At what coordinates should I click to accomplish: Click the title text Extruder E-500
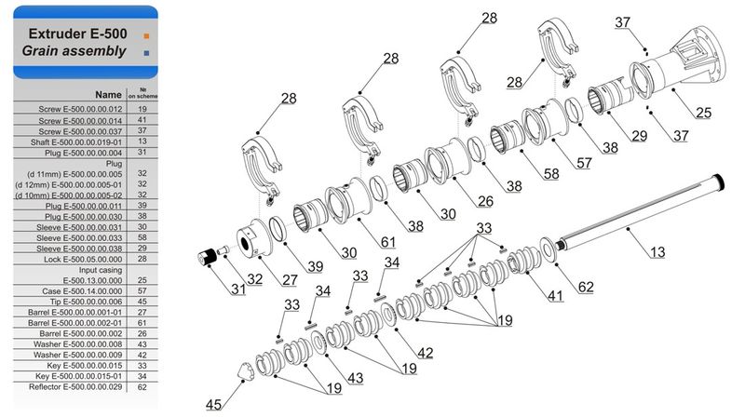click(77, 34)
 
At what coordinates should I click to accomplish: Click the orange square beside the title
click(146, 35)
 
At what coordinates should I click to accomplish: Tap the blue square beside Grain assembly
click(146, 53)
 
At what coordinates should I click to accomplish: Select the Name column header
click(108, 95)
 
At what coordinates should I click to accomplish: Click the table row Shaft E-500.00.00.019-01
click(86, 142)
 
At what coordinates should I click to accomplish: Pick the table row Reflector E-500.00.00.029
click(86, 387)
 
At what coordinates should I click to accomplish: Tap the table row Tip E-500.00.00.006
click(86, 302)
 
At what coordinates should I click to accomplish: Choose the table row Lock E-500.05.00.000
click(86, 260)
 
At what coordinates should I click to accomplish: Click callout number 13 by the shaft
click(657, 251)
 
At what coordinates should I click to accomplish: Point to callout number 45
click(213, 405)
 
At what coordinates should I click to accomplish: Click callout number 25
click(703, 113)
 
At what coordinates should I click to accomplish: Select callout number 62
click(586, 287)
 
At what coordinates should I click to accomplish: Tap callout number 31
click(238, 289)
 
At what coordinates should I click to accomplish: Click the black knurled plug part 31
click(207, 257)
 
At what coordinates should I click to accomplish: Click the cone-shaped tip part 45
click(246, 371)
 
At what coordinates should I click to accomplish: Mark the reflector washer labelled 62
click(548, 249)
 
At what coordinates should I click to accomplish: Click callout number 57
click(584, 163)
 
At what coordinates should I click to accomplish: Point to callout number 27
click(290, 280)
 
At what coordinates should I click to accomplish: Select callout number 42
click(426, 353)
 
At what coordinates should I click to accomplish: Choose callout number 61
click(388, 242)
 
